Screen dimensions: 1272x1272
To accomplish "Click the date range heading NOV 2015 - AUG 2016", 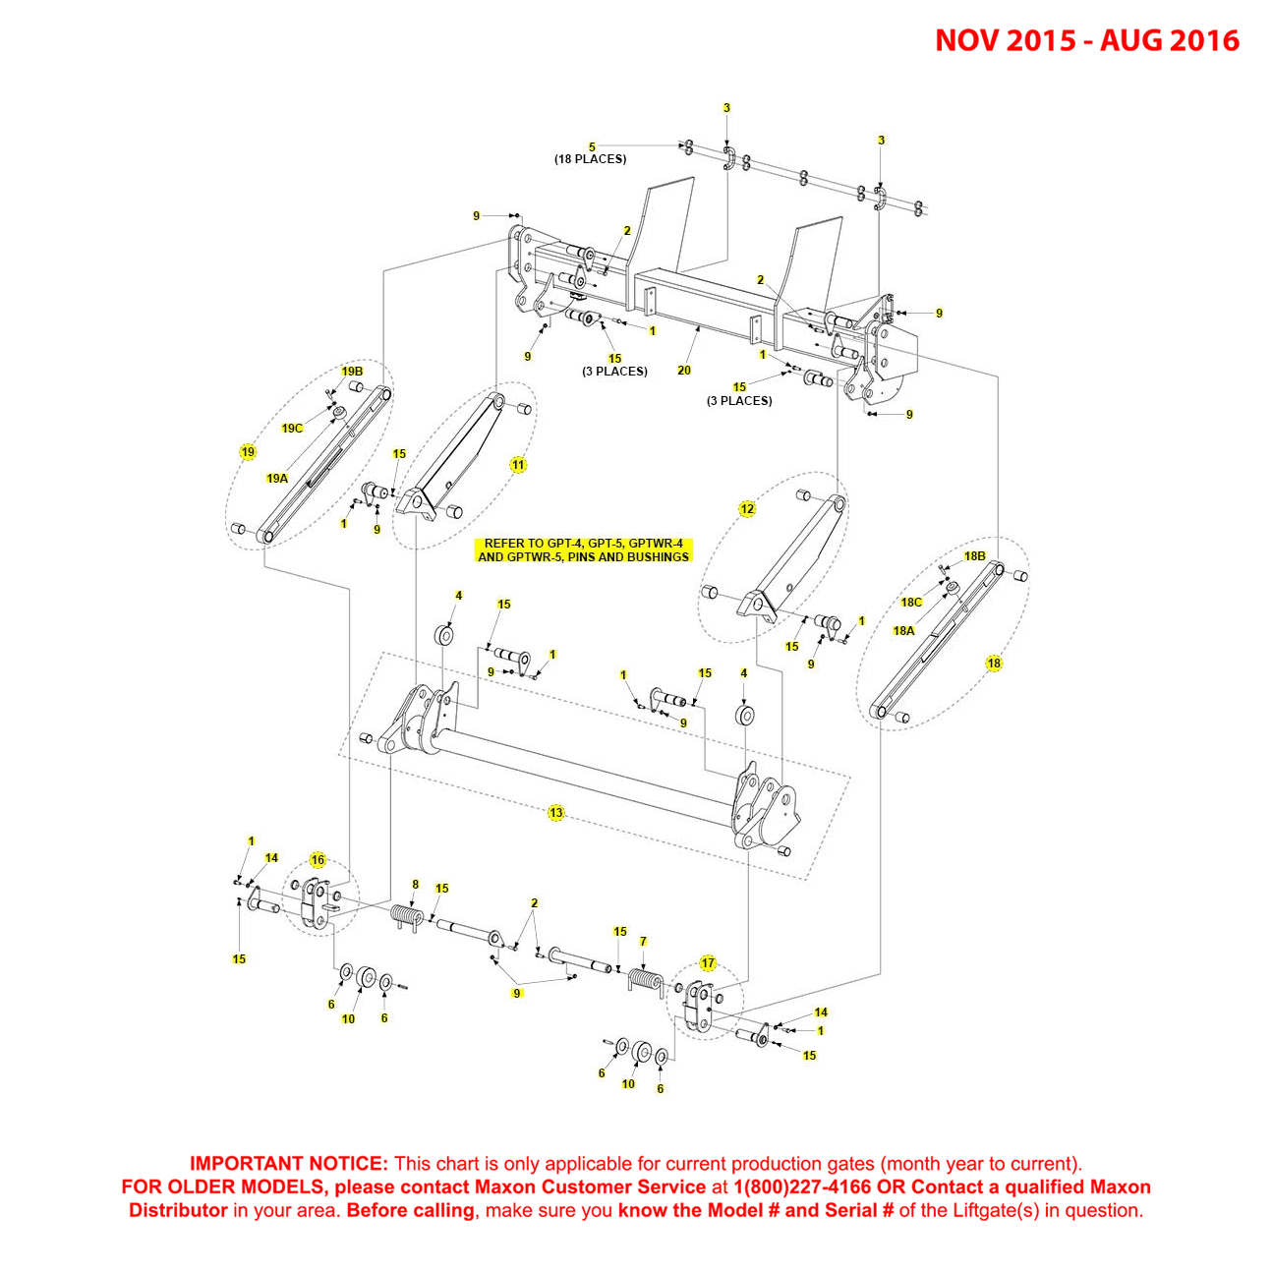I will [x=1086, y=40].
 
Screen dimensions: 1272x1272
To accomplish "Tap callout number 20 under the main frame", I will [x=684, y=371].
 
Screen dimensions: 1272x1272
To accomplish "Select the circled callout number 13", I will [x=556, y=813].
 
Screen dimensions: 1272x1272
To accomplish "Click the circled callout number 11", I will [x=518, y=465].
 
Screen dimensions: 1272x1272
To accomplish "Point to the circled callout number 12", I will [x=747, y=509].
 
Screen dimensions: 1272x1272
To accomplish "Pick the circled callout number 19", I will [x=248, y=452].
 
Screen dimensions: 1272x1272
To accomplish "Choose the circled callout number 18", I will [x=994, y=664].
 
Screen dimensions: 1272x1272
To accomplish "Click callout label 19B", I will [x=352, y=372].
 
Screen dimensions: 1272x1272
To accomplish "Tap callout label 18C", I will [x=911, y=603].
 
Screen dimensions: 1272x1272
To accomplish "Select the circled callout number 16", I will [x=318, y=860].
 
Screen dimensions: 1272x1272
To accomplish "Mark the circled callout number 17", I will [x=708, y=963].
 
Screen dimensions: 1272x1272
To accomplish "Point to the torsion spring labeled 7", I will [x=642, y=980].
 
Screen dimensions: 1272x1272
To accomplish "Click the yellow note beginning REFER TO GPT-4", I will [x=583, y=549].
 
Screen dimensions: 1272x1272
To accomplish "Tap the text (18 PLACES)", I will [x=590, y=159].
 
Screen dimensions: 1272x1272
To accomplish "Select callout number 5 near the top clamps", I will [x=592, y=147].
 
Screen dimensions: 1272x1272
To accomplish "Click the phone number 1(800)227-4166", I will [x=802, y=1187].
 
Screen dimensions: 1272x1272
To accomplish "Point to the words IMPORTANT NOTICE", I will [x=289, y=1164].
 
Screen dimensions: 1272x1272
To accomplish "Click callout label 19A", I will [x=277, y=479].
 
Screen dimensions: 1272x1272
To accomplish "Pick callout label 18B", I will [x=974, y=556].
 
